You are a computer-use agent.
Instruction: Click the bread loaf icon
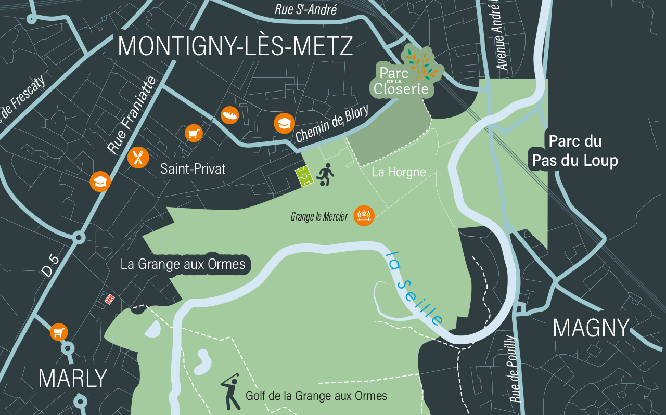click(229, 115)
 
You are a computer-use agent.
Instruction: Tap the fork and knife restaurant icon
click(138, 157)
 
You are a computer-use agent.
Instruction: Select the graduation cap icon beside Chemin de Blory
click(284, 123)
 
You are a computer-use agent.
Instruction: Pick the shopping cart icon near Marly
click(59, 332)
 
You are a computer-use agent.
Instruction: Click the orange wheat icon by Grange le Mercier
click(364, 216)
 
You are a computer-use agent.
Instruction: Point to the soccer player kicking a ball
click(325, 175)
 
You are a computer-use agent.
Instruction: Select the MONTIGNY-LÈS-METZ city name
click(235, 47)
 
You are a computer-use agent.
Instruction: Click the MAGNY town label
click(591, 328)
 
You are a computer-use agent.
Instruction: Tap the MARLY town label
click(72, 379)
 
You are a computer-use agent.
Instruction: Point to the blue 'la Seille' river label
click(415, 288)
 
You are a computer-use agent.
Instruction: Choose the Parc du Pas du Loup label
click(575, 151)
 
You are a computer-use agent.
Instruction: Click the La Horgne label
click(399, 172)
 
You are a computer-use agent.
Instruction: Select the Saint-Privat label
click(193, 169)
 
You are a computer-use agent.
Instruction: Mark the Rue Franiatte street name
click(132, 115)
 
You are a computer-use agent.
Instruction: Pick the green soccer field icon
click(304, 177)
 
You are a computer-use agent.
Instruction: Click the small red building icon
click(109, 299)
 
